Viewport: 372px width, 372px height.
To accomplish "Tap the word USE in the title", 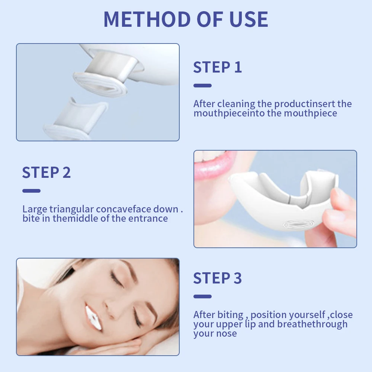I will [247, 19].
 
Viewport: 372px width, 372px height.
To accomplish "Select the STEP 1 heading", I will [217, 67].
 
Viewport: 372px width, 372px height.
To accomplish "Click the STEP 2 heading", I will [46, 173].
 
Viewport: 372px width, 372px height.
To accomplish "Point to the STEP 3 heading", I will [217, 278].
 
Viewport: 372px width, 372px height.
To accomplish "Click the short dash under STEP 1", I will [202, 86].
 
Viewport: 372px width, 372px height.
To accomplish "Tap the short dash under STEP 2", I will [31, 191].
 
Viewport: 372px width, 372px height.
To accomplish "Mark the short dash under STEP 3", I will [202, 296].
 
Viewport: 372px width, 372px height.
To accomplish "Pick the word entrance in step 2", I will [148, 218].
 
